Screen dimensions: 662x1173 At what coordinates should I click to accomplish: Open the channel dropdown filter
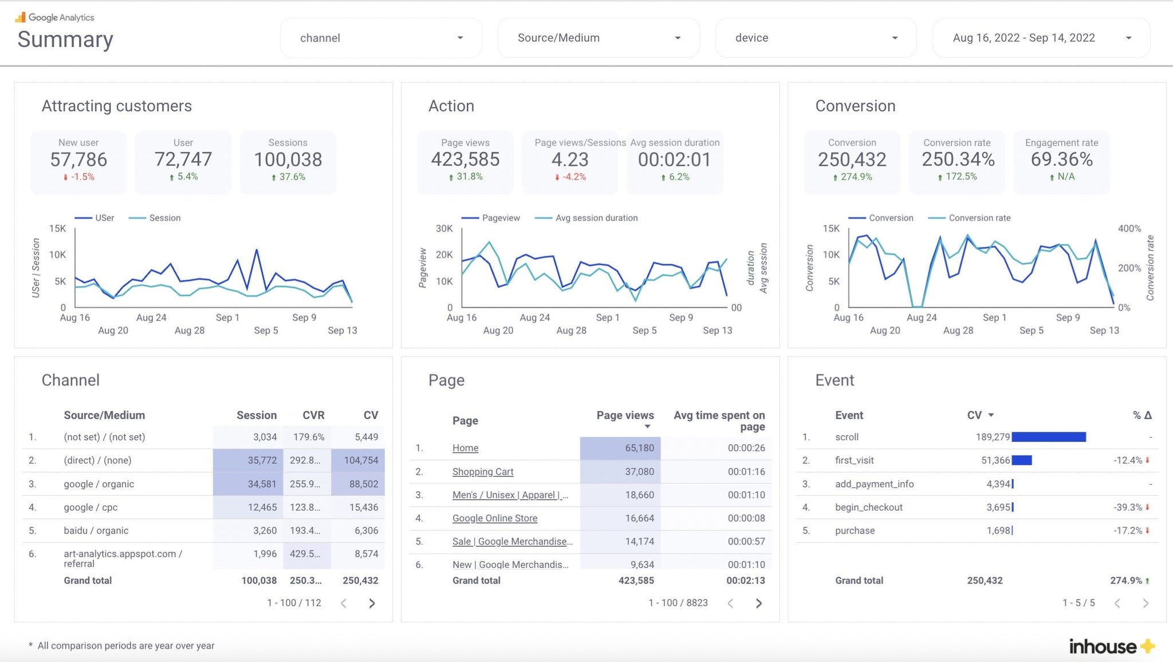(381, 38)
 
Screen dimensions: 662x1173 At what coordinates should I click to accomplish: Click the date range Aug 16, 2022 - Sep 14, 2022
(1041, 38)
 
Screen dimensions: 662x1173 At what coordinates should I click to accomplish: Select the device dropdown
(816, 38)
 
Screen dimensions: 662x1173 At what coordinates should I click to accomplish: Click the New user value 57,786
(78, 159)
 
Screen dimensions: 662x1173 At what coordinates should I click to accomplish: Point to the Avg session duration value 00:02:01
(674, 159)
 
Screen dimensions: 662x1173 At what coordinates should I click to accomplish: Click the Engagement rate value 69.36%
(1061, 159)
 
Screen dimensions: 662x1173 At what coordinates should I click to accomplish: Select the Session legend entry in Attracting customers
(164, 218)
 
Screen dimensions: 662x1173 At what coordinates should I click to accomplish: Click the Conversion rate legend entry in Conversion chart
(979, 218)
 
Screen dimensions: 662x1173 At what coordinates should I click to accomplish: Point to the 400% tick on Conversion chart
(1129, 229)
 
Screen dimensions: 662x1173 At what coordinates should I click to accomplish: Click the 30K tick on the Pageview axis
(444, 229)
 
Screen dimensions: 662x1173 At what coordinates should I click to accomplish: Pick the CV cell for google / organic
(363, 484)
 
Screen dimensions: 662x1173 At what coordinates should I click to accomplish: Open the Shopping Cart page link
(483, 472)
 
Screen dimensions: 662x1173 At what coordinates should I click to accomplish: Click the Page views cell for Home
(639, 448)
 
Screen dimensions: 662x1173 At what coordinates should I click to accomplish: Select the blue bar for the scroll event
(1048, 437)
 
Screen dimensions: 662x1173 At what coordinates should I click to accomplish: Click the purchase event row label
(855, 530)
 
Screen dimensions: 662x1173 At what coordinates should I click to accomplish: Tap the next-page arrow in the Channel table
(372, 603)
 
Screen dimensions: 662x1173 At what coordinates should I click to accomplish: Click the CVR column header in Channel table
(313, 415)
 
